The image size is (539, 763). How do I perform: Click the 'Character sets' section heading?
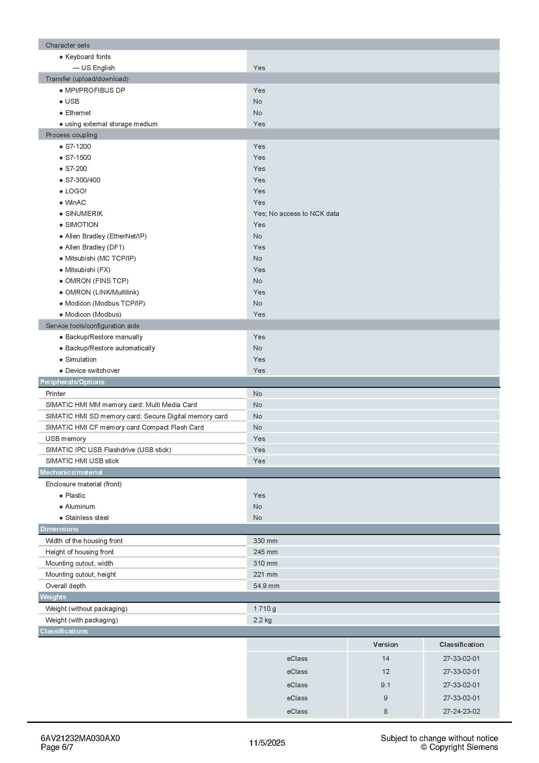pyautogui.click(x=67, y=45)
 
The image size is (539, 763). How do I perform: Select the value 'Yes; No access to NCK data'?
pyautogui.click(x=296, y=214)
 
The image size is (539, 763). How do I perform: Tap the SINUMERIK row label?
pyautogui.click(x=84, y=214)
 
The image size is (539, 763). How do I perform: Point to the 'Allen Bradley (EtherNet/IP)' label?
pyautogui.click(x=106, y=236)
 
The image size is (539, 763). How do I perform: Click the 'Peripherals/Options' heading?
pyautogui.click(x=72, y=382)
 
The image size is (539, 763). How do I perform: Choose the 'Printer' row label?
pyautogui.click(x=55, y=394)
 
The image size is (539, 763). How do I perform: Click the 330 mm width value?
pyautogui.click(x=265, y=541)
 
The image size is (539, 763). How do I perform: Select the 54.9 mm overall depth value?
pyautogui.click(x=266, y=586)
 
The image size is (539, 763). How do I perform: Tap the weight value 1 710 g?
pyautogui.click(x=264, y=609)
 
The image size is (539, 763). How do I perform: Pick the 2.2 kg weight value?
pyautogui.click(x=262, y=620)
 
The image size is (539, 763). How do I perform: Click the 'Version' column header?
pyautogui.click(x=385, y=645)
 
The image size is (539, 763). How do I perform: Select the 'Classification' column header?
pyautogui.click(x=461, y=645)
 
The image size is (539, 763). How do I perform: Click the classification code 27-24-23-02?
pyautogui.click(x=461, y=711)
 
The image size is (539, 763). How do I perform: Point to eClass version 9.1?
pyautogui.click(x=385, y=685)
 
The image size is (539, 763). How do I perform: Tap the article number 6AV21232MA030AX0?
pyautogui.click(x=80, y=739)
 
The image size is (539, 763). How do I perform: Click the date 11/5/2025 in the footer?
pyautogui.click(x=267, y=743)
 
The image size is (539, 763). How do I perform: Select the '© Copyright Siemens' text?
pyautogui.click(x=459, y=747)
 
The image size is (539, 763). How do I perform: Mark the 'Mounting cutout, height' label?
pyautogui.click(x=81, y=574)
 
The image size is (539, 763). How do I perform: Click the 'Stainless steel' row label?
pyautogui.click(x=87, y=518)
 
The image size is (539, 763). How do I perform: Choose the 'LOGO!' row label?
pyautogui.click(x=76, y=191)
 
